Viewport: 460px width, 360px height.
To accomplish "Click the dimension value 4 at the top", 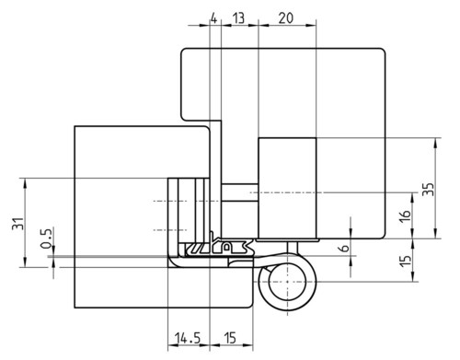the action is click(x=214, y=18).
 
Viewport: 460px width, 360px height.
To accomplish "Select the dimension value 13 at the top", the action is click(x=238, y=18).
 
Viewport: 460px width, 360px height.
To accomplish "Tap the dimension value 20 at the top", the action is click(x=286, y=18).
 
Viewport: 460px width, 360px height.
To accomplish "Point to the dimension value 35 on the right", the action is click(x=429, y=189).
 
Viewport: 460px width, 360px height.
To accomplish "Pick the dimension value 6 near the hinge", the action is click(x=345, y=248).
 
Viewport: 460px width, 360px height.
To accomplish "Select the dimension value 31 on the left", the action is click(x=17, y=224).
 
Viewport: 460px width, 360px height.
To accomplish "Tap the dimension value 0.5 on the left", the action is click(x=46, y=238).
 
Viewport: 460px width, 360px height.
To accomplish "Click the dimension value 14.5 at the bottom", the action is click(x=188, y=338).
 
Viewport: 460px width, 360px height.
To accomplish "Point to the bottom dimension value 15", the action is click(x=230, y=338).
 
